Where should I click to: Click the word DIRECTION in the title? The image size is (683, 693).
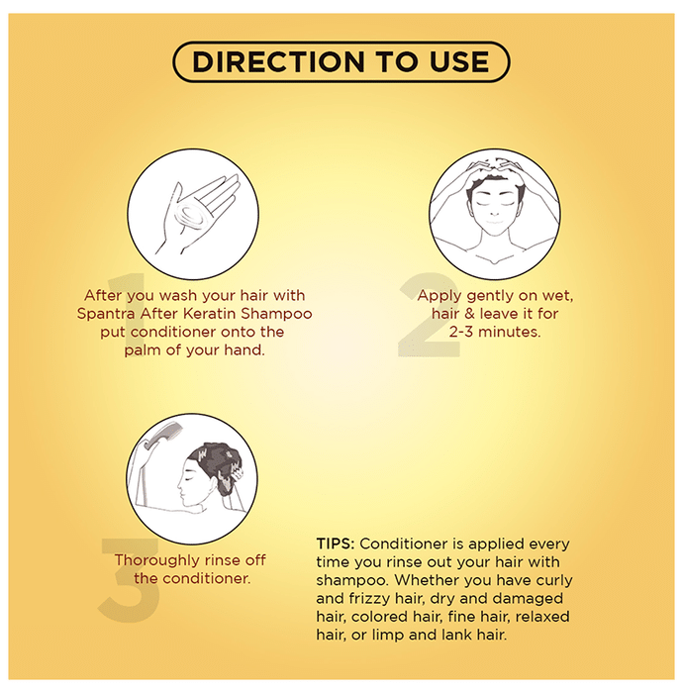279,61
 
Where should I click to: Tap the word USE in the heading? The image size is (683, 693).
459,61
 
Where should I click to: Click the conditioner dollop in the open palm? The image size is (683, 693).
191,216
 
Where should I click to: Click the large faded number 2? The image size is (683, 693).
430,314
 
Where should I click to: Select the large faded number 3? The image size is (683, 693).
129,579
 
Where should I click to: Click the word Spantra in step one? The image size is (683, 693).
106,314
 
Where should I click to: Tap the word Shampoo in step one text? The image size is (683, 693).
276,314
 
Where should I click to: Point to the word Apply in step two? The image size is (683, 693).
439,296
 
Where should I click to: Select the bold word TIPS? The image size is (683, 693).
336,544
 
